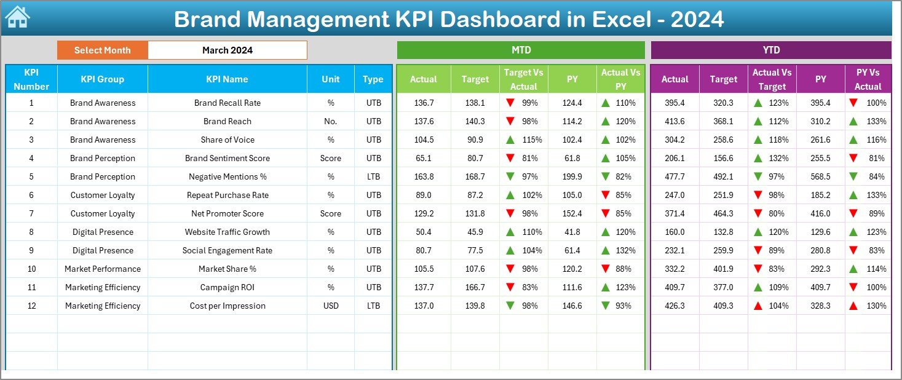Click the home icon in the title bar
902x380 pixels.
[17, 18]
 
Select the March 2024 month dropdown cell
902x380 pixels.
[227, 50]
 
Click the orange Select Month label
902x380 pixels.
[102, 50]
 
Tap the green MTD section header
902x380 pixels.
[521, 50]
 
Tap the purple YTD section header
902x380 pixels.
[770, 50]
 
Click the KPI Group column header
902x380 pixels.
[102, 79]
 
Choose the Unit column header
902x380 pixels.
[331, 79]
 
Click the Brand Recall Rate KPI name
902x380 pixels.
[227, 103]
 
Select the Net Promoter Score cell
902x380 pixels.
[227, 213]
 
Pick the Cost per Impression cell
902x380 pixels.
[227, 306]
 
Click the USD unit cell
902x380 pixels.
[331, 306]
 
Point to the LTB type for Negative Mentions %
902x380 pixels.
[373, 176]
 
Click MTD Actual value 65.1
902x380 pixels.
[424, 158]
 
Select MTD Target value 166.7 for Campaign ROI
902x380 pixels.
[475, 287]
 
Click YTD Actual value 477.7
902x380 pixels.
[675, 176]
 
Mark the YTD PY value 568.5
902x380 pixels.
[820, 176]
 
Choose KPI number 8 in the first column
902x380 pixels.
[31, 232]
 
